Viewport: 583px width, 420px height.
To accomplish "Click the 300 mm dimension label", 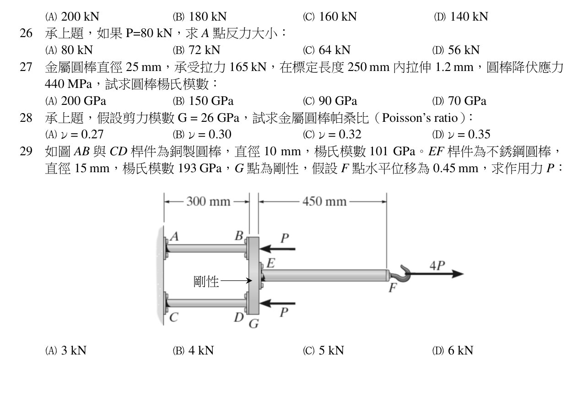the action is pyautogui.click(x=208, y=202).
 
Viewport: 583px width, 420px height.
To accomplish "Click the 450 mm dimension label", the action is pyautogui.click(x=324, y=202).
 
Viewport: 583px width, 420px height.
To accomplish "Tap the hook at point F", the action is pyautogui.click(x=403, y=274).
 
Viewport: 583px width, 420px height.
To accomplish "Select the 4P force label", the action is pyautogui.click(x=437, y=266).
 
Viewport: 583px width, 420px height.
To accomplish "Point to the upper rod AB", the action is pyautogui.click(x=206, y=248).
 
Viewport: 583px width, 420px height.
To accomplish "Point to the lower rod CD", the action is pyautogui.click(x=206, y=303).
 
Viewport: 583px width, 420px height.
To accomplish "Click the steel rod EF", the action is pyautogui.click(x=325, y=275).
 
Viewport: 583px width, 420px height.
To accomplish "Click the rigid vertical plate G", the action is pyautogui.click(x=253, y=276).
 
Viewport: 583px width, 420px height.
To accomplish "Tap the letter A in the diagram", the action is pyautogui.click(x=174, y=237).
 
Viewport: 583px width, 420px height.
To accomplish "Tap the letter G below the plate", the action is pyautogui.click(x=254, y=324).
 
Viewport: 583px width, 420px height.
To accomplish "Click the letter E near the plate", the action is pyautogui.click(x=271, y=263).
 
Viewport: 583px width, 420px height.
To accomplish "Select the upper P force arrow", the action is pyautogui.click(x=277, y=249).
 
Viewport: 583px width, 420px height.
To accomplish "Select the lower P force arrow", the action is pyautogui.click(x=277, y=303).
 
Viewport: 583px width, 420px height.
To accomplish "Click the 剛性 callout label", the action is pyautogui.click(x=206, y=281).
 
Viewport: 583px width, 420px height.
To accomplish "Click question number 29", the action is pyautogui.click(x=26, y=152).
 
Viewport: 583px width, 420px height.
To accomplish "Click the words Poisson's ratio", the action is pyautogui.click(x=420, y=118).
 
